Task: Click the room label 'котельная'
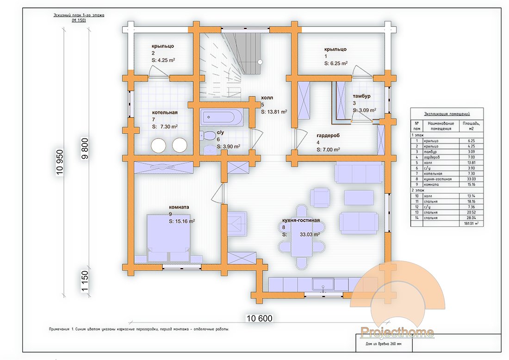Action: click(x=165, y=112)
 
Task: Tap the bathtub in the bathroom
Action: click(x=222, y=117)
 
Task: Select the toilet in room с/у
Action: click(x=209, y=136)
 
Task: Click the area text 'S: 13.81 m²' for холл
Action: click(x=274, y=112)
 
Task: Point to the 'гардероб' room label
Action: click(x=328, y=136)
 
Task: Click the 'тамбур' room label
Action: click(x=361, y=96)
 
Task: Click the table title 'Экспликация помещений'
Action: click(x=447, y=113)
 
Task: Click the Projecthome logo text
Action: click(x=397, y=332)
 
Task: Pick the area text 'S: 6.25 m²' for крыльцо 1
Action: click(x=336, y=63)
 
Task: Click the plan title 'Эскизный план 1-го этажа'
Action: click(x=79, y=15)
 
